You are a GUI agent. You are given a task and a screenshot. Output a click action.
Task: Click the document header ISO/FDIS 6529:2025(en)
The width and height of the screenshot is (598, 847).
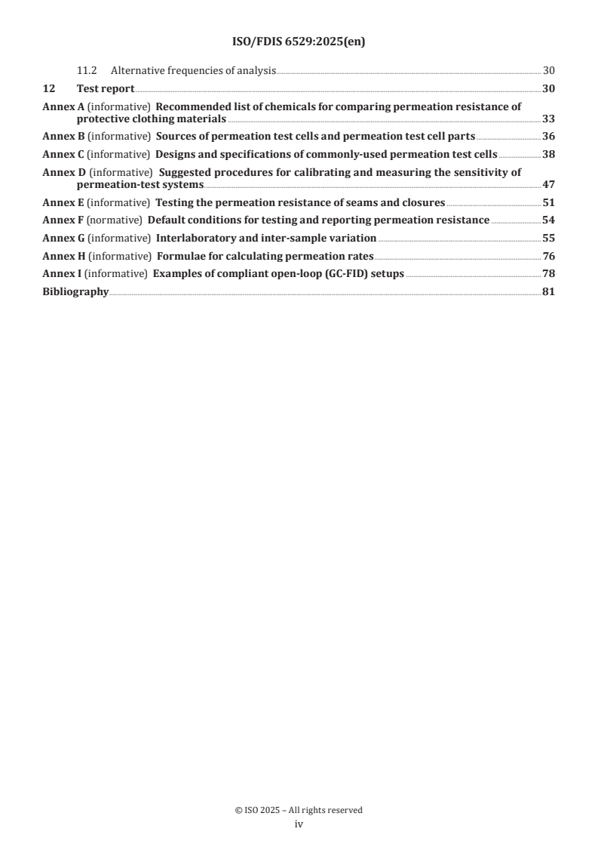[x=299, y=42]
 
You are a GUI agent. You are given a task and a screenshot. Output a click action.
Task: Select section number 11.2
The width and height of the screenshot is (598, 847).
[x=87, y=72]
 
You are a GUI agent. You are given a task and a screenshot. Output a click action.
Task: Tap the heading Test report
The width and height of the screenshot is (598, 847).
[x=106, y=89]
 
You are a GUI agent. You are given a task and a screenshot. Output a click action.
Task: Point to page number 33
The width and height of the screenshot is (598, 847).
[x=548, y=119]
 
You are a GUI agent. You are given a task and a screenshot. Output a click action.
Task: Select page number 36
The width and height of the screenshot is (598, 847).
[x=548, y=137]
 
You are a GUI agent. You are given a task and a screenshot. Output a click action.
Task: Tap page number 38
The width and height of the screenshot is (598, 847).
[x=548, y=154]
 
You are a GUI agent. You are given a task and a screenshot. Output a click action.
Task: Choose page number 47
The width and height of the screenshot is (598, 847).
[x=548, y=184]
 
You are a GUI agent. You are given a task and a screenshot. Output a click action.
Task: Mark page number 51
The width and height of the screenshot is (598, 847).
[x=548, y=202]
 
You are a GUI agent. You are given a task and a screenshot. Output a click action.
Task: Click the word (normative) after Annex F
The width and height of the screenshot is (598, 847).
[x=115, y=220]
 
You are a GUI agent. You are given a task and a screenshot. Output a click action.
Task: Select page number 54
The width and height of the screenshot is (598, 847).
[x=548, y=220]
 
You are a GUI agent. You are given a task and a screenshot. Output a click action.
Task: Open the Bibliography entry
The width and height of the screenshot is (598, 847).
[x=75, y=291]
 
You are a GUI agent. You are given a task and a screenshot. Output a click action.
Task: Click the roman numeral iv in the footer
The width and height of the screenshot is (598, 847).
[x=299, y=825]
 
